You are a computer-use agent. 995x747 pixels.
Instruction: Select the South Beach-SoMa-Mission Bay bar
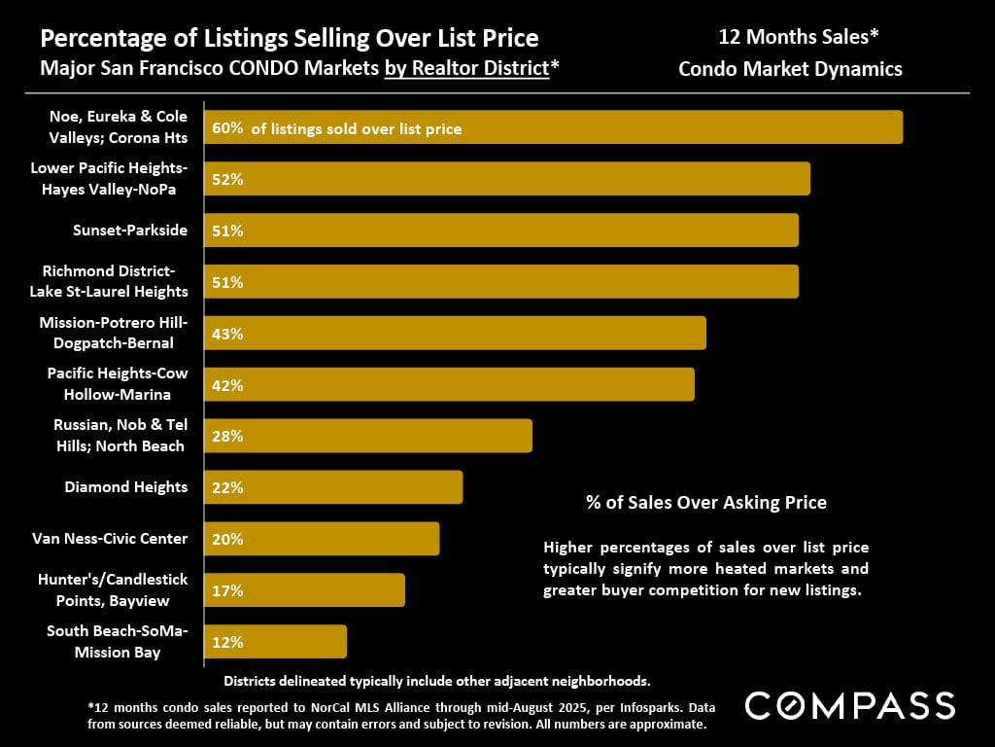coord(275,642)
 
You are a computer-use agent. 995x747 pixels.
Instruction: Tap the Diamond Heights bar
coord(333,487)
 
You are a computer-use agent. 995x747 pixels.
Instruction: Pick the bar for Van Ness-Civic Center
coord(322,539)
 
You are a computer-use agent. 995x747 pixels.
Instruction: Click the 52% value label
coord(226,179)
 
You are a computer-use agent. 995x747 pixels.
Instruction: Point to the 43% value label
coord(226,334)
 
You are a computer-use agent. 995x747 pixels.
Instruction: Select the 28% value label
coord(226,436)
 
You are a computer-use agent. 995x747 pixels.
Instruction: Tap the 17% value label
coord(226,590)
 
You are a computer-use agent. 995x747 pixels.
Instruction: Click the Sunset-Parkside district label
coord(130,231)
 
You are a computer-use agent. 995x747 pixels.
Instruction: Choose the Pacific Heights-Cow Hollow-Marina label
coord(118,384)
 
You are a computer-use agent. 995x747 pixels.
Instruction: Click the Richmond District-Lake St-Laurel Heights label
coord(115,281)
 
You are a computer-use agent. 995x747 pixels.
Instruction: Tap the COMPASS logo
coord(849,705)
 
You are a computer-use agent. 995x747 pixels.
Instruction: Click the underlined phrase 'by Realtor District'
coord(466,69)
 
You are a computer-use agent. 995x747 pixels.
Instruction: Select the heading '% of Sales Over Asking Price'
coord(706,503)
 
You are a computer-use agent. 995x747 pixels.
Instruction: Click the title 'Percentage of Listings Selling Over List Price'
coord(289,39)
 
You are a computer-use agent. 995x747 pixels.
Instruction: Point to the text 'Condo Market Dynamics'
coord(790,69)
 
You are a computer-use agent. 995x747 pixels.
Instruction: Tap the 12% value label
coord(226,642)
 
